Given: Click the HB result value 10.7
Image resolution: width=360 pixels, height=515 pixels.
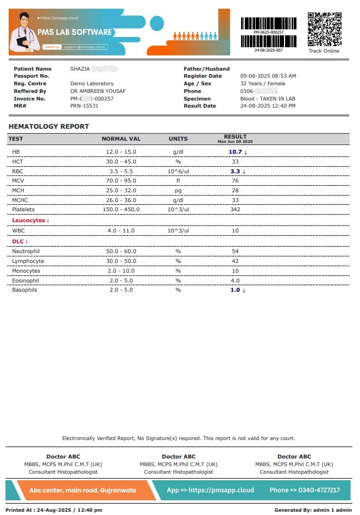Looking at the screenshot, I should click(235, 152).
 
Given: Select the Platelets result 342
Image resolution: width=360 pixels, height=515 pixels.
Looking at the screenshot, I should click(235, 210).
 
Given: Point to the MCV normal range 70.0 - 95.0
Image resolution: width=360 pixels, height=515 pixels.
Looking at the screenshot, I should click(121, 181).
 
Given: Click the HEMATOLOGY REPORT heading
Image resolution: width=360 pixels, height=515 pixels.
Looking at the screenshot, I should click(49, 127).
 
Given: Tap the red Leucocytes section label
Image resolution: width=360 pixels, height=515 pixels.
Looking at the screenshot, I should click(30, 221).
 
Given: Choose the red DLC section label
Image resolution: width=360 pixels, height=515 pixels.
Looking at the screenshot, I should click(20, 241).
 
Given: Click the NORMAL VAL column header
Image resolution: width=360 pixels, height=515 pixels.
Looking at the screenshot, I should click(121, 139).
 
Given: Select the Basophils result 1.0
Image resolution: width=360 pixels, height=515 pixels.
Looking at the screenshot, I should click(235, 290).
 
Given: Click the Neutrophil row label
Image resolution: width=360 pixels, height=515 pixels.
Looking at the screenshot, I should click(26, 252).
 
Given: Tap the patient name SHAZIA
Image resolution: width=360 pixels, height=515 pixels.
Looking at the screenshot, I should click(80, 69).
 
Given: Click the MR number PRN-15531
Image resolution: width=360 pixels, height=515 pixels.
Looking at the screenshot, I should click(85, 106).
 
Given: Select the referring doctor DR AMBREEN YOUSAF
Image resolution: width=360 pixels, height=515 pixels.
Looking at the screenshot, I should click(98, 91).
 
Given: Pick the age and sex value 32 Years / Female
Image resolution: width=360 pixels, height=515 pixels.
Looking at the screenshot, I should click(263, 84).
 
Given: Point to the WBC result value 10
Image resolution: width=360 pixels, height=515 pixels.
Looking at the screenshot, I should click(235, 231).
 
